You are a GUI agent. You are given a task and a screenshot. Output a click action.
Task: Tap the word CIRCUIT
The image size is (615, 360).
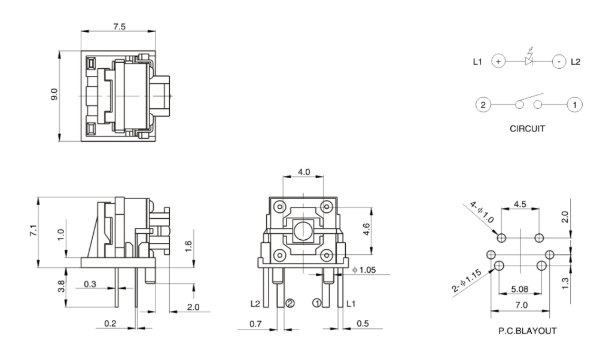[526, 128]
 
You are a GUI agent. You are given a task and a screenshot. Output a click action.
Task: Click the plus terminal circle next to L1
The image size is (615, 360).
[498, 62]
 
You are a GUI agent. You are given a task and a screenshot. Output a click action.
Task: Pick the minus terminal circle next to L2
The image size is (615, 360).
[558, 62]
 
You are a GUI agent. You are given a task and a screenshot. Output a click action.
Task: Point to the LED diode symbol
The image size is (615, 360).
[528, 60]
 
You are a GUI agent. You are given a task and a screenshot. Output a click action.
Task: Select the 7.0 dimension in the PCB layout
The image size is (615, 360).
[521, 306]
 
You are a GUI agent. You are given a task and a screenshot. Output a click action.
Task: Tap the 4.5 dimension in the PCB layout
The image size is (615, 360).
[520, 204]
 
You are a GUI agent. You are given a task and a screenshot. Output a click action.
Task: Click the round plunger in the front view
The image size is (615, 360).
[303, 230]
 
